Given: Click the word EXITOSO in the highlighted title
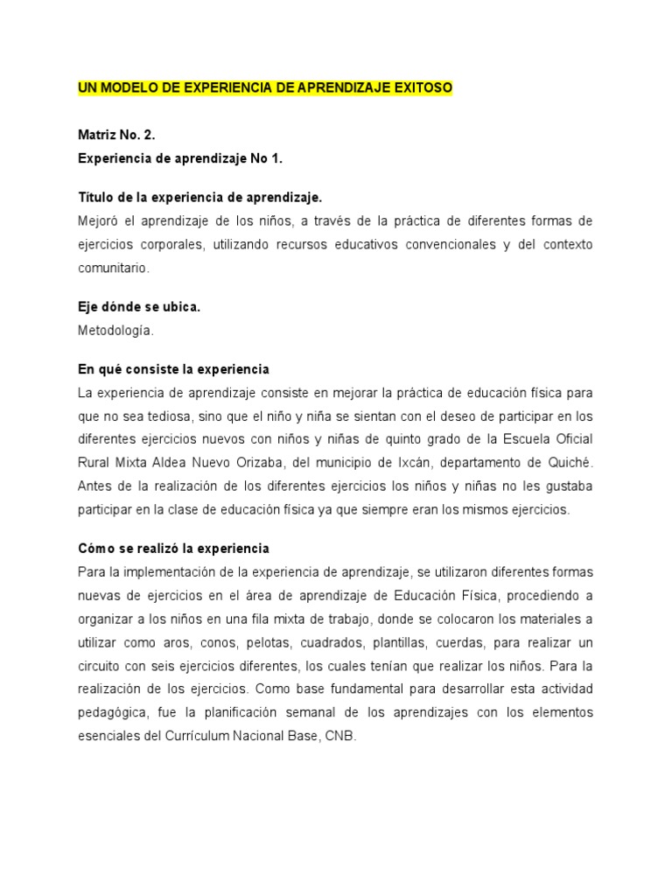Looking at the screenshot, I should coord(423,88).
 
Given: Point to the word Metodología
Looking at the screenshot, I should coord(113,332).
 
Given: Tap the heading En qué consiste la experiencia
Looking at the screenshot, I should coord(173,368).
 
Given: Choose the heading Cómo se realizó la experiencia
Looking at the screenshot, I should coord(173,549).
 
